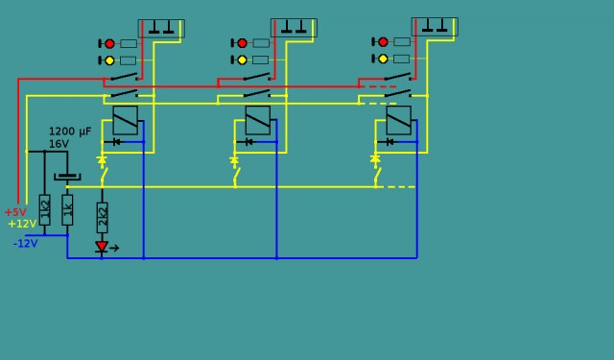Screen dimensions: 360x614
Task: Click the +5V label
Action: click(15, 212)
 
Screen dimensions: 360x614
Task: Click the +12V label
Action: click(22, 224)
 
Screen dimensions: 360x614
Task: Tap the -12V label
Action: click(25, 244)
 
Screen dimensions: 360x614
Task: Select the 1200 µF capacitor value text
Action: click(70, 131)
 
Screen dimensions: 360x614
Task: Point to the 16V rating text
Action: click(59, 144)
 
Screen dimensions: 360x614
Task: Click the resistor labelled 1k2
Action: click(44, 208)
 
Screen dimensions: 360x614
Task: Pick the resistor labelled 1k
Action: click(67, 208)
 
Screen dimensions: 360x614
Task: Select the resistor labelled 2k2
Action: click(103, 216)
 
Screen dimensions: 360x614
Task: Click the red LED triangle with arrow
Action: click(103, 247)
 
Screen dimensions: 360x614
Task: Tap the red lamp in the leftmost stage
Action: click(109, 43)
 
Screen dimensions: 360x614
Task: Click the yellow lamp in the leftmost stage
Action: click(109, 60)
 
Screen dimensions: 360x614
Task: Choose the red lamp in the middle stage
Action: click(242, 43)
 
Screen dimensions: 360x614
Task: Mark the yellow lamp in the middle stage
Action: click(242, 60)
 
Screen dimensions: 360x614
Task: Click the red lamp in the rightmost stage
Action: click(383, 42)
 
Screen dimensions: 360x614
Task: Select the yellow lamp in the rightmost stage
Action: click(383, 59)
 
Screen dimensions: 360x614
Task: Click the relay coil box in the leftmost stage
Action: click(126, 120)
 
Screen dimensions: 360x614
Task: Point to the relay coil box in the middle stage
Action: click(258, 120)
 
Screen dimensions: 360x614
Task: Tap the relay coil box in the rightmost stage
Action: click(399, 120)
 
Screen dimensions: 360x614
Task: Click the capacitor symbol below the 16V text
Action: click(67, 176)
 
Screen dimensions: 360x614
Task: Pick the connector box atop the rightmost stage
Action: click(435, 26)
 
